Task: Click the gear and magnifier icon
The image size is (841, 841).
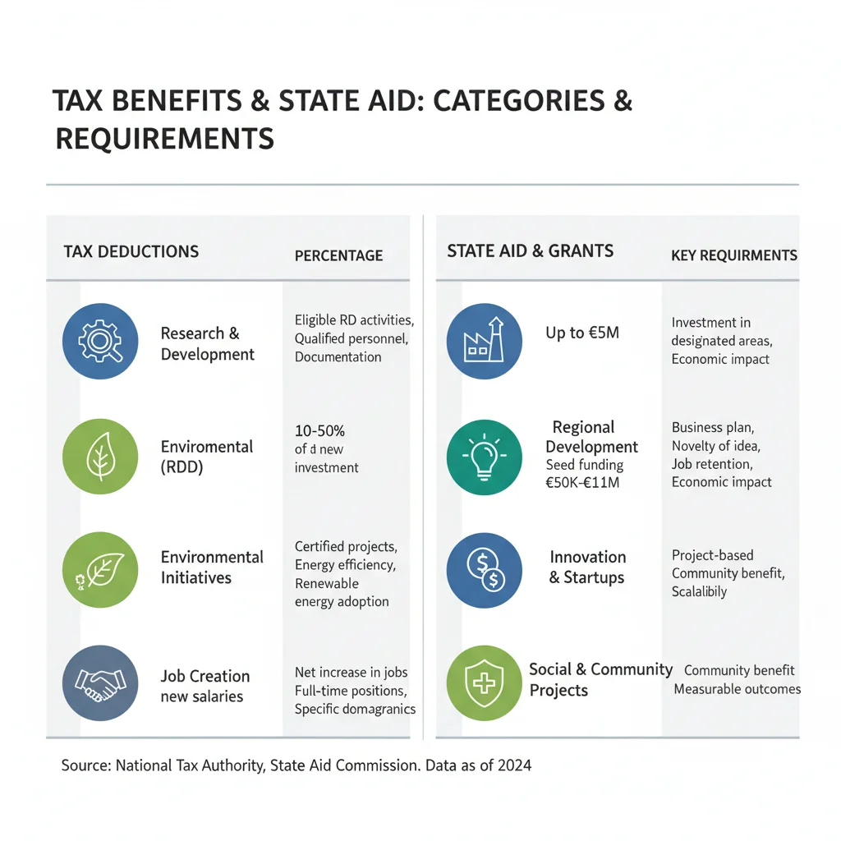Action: pyautogui.click(x=100, y=341)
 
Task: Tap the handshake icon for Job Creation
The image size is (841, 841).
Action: pyautogui.click(x=100, y=682)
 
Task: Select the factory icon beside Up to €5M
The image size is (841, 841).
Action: pyautogui.click(x=485, y=341)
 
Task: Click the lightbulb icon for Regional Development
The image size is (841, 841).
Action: pyautogui.click(x=485, y=457)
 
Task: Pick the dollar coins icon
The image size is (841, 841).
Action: pyautogui.click(x=485, y=570)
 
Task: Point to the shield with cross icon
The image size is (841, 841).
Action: pyautogui.click(x=485, y=682)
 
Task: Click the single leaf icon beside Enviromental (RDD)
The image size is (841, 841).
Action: pyautogui.click(x=100, y=457)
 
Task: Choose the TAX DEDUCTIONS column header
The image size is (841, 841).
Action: pyautogui.click(x=131, y=251)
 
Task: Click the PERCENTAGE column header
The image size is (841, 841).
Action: pyautogui.click(x=339, y=256)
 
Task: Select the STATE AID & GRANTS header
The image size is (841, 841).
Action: pyautogui.click(x=531, y=251)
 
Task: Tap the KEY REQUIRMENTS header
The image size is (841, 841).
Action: pyautogui.click(x=734, y=255)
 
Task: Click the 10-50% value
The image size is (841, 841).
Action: pyautogui.click(x=319, y=430)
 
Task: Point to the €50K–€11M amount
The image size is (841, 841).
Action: pyautogui.click(x=582, y=483)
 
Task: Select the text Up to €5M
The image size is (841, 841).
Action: pyautogui.click(x=582, y=333)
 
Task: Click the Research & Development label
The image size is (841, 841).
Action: pyautogui.click(x=208, y=344)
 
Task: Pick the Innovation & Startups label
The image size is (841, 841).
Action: pyautogui.click(x=587, y=567)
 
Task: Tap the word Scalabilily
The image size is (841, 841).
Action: pyautogui.click(x=700, y=591)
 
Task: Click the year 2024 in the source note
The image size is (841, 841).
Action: pyautogui.click(x=514, y=765)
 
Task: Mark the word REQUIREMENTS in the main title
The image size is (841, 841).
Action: pyautogui.click(x=165, y=138)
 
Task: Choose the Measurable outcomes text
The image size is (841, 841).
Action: pyautogui.click(x=738, y=689)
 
